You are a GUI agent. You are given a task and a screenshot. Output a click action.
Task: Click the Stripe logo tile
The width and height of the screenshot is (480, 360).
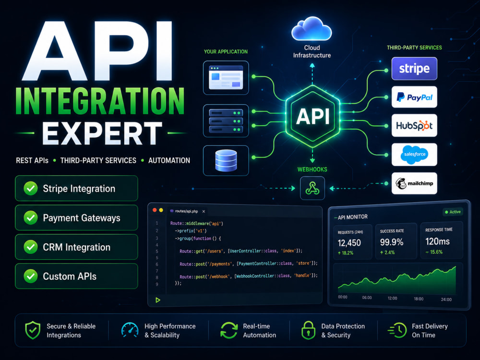(x=414, y=69)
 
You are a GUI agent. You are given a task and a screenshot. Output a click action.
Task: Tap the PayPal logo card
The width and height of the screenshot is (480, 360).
(x=414, y=97)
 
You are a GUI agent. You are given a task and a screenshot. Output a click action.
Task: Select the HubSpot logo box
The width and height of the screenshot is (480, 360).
(x=414, y=125)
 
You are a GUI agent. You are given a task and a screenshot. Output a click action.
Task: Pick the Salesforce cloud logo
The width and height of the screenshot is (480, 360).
(x=415, y=154)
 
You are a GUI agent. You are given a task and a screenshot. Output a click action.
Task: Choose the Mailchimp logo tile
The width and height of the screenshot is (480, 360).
(x=414, y=183)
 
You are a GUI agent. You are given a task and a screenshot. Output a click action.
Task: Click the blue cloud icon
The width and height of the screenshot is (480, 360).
(x=312, y=29)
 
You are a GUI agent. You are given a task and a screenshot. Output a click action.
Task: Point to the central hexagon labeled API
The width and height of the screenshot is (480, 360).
(x=312, y=117)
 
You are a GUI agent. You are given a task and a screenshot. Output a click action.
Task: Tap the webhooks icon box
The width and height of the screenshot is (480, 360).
(x=312, y=188)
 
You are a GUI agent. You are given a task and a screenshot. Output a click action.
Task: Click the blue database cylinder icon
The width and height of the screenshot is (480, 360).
(x=226, y=160)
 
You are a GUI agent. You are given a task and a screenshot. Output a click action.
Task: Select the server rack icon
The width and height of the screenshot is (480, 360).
(x=226, y=121)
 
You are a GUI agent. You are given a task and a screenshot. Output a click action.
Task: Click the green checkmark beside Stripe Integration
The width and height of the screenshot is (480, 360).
(x=31, y=188)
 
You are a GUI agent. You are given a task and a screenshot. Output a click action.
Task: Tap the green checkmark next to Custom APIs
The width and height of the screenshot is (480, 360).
(x=31, y=276)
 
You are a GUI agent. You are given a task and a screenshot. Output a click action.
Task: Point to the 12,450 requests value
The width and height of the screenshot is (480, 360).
(x=349, y=243)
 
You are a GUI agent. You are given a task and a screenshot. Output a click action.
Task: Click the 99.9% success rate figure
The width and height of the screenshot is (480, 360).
(x=392, y=242)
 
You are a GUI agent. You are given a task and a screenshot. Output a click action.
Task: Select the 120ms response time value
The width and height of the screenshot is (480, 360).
(x=437, y=241)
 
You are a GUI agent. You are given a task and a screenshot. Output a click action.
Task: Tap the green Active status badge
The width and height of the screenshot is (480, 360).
(x=453, y=212)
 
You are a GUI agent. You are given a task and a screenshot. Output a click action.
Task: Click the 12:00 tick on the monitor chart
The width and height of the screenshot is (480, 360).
(x=392, y=298)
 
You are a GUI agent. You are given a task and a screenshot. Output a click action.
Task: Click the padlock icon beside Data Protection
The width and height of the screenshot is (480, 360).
(x=308, y=330)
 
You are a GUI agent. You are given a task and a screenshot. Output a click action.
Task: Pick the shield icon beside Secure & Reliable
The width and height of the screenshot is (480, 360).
(x=33, y=330)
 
